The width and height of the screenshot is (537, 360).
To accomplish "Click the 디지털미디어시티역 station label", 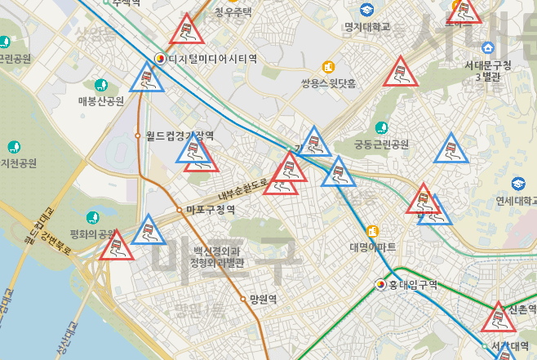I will (x=212, y=59).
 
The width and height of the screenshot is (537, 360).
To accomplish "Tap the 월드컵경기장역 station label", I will (x=180, y=136).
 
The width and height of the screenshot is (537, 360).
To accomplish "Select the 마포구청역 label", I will (x=211, y=210).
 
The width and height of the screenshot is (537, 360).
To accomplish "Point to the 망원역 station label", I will (x=264, y=300).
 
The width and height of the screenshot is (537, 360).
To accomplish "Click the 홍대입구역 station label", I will (x=413, y=285).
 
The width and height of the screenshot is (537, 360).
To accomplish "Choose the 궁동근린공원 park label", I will (x=381, y=145).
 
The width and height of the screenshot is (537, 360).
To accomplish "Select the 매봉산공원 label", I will (x=100, y=101).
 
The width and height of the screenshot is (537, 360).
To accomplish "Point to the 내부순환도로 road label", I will (x=243, y=190).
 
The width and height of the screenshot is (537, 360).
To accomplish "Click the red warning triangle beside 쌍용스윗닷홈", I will (x=399, y=73).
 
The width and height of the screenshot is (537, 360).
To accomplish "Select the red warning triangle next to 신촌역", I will (x=496, y=318).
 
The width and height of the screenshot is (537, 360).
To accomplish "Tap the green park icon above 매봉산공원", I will (x=100, y=85).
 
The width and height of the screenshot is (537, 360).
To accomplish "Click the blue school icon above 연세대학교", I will (x=518, y=184).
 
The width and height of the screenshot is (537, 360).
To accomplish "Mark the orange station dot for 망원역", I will (x=243, y=300).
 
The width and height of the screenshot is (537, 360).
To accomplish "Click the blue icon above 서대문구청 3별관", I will (x=488, y=47).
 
